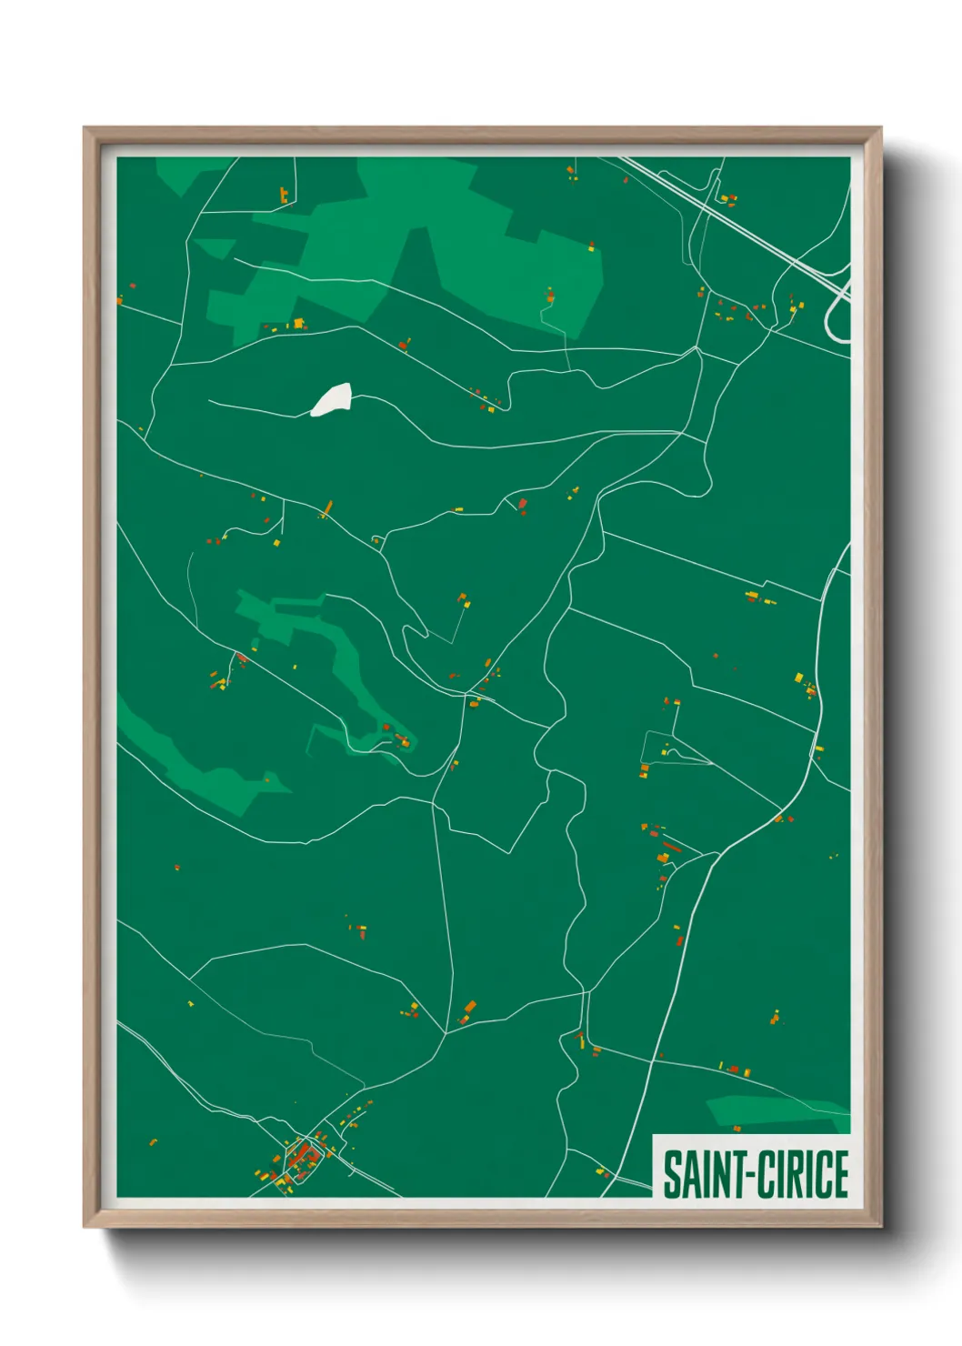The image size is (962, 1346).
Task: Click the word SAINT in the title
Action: [698, 1174]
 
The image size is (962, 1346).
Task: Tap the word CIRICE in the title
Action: [803, 1174]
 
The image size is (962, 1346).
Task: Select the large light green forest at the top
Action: [436, 246]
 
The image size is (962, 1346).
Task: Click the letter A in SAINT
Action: [688, 1174]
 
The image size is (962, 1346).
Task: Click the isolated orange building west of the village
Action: [153, 1141]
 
